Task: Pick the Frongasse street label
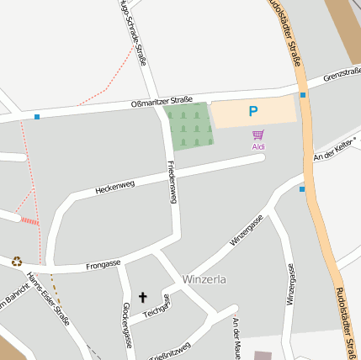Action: pos(104,266)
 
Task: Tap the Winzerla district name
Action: pos(204,279)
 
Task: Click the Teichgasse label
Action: pos(157,308)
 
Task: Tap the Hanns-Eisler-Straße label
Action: pos(49,299)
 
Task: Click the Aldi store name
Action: pos(258,147)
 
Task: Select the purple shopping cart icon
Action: pos(258,135)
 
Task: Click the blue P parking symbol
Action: pos(252,110)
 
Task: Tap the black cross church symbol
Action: pos(142,296)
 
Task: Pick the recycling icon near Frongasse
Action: pos(17,262)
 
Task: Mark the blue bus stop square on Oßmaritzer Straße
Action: pos(37,116)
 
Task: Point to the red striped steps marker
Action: pos(29,221)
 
